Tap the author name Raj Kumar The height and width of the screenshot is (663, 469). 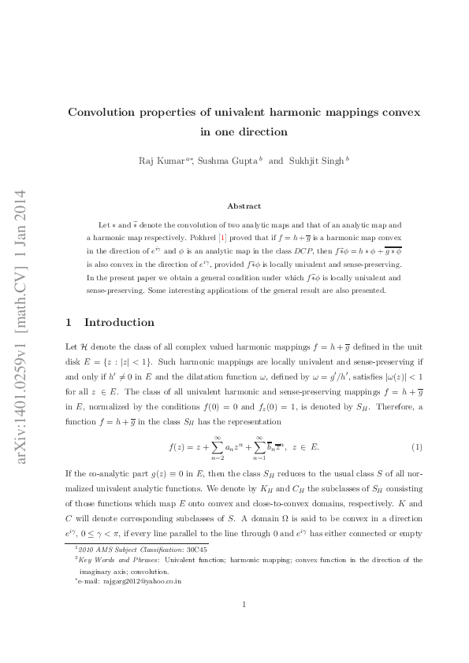[x=160, y=161]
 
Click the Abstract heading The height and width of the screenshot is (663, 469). [x=244, y=206]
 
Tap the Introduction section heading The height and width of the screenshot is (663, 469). [x=119, y=323]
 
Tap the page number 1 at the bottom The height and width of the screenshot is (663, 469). [x=244, y=605]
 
